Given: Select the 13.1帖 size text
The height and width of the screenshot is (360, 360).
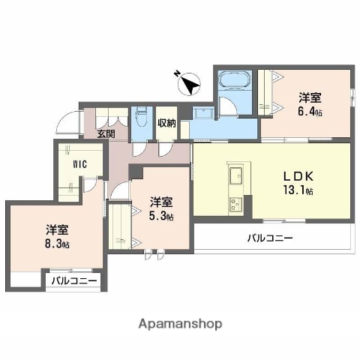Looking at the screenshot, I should pyautogui.click(x=298, y=190).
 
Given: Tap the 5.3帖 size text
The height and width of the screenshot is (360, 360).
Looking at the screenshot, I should pyautogui.click(x=160, y=216).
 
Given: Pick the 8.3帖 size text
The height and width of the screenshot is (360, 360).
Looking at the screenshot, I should pyautogui.click(x=55, y=244).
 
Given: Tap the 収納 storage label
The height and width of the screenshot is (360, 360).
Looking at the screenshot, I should pyautogui.click(x=166, y=124).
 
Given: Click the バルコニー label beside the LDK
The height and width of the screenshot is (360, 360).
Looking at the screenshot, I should pyautogui.click(x=270, y=239).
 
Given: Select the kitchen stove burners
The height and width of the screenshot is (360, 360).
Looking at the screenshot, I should pyautogui.click(x=235, y=202).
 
